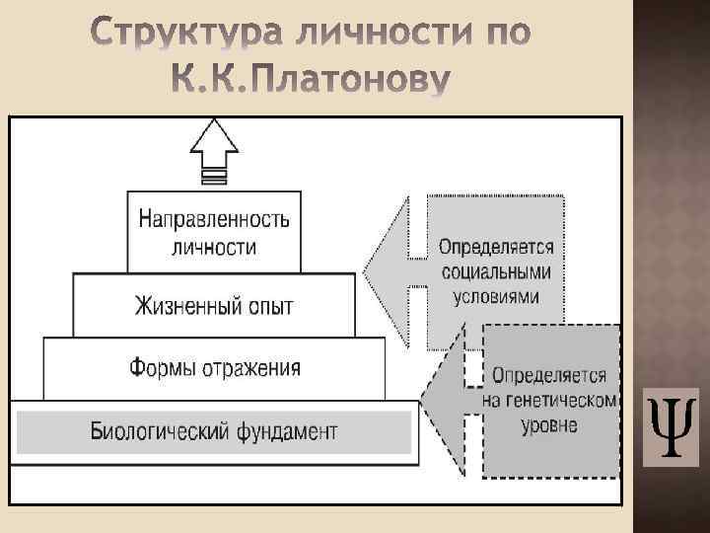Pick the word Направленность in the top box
point(214,219)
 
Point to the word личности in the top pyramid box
point(214,247)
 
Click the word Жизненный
point(184,306)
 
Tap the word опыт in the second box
point(268,306)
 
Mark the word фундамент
point(286,431)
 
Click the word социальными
point(495,272)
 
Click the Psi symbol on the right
point(671,426)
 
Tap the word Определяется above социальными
point(495,248)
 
